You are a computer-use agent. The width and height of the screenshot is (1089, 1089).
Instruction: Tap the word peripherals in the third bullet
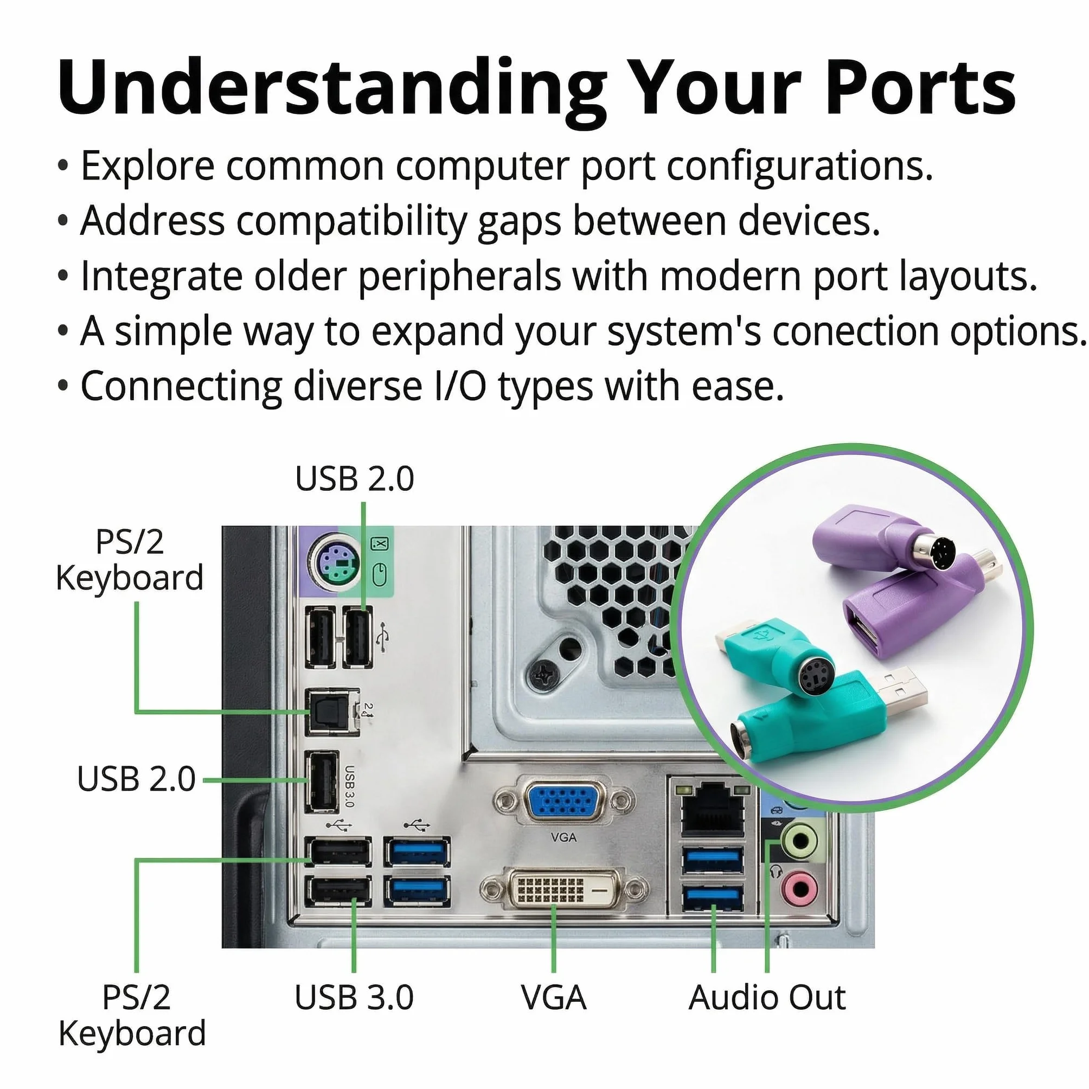(x=459, y=277)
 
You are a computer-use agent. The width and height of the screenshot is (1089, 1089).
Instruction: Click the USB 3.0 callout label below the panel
(x=354, y=997)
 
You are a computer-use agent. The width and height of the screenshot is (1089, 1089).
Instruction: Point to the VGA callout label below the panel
(x=554, y=997)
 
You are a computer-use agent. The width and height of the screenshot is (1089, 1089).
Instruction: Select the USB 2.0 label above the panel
(x=355, y=478)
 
